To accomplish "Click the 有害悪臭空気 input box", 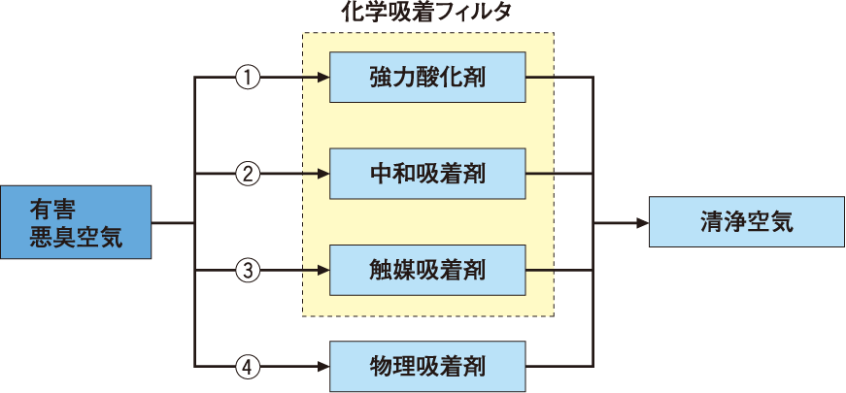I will [x=77, y=222].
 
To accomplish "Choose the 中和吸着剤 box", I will [x=428, y=175].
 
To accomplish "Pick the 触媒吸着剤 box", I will [x=428, y=270].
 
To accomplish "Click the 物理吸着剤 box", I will [x=428, y=366].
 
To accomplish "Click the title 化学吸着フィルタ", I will [x=428, y=14].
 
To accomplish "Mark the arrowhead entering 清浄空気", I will [x=641, y=222].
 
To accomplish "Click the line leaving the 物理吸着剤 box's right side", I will [x=559, y=366].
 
